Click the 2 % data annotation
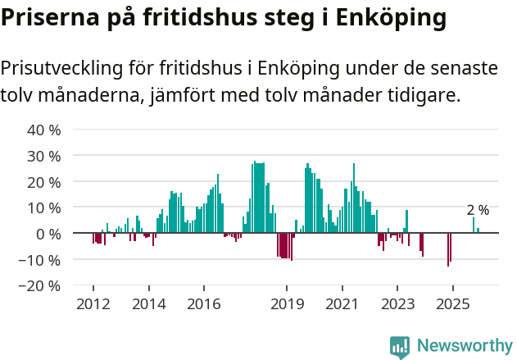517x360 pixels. (x=478, y=210)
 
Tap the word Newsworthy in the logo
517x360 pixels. (x=464, y=345)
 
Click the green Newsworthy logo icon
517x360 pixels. (x=400, y=346)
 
